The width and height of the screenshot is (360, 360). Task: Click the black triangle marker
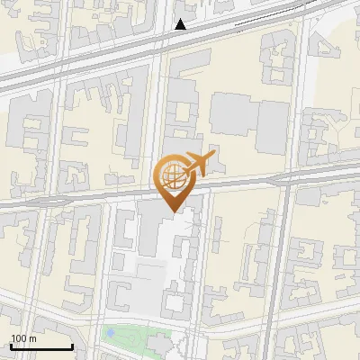(x=181, y=24)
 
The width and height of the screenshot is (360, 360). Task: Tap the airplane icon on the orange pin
(x=196, y=165)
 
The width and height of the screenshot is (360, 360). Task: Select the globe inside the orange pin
(x=172, y=175)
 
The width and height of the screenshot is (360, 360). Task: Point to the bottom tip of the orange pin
(x=172, y=211)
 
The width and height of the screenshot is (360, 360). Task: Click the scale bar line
(x=41, y=347)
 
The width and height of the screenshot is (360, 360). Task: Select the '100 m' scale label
(x=24, y=338)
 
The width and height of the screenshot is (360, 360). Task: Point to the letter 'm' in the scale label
(x=34, y=338)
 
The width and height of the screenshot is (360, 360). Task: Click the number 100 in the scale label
(x=20, y=338)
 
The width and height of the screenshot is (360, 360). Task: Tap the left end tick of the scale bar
(x=11, y=346)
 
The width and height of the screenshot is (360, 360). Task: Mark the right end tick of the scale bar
(x=72, y=346)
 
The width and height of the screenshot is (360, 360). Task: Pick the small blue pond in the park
(x=110, y=332)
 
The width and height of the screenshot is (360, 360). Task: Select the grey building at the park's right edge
(x=159, y=345)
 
